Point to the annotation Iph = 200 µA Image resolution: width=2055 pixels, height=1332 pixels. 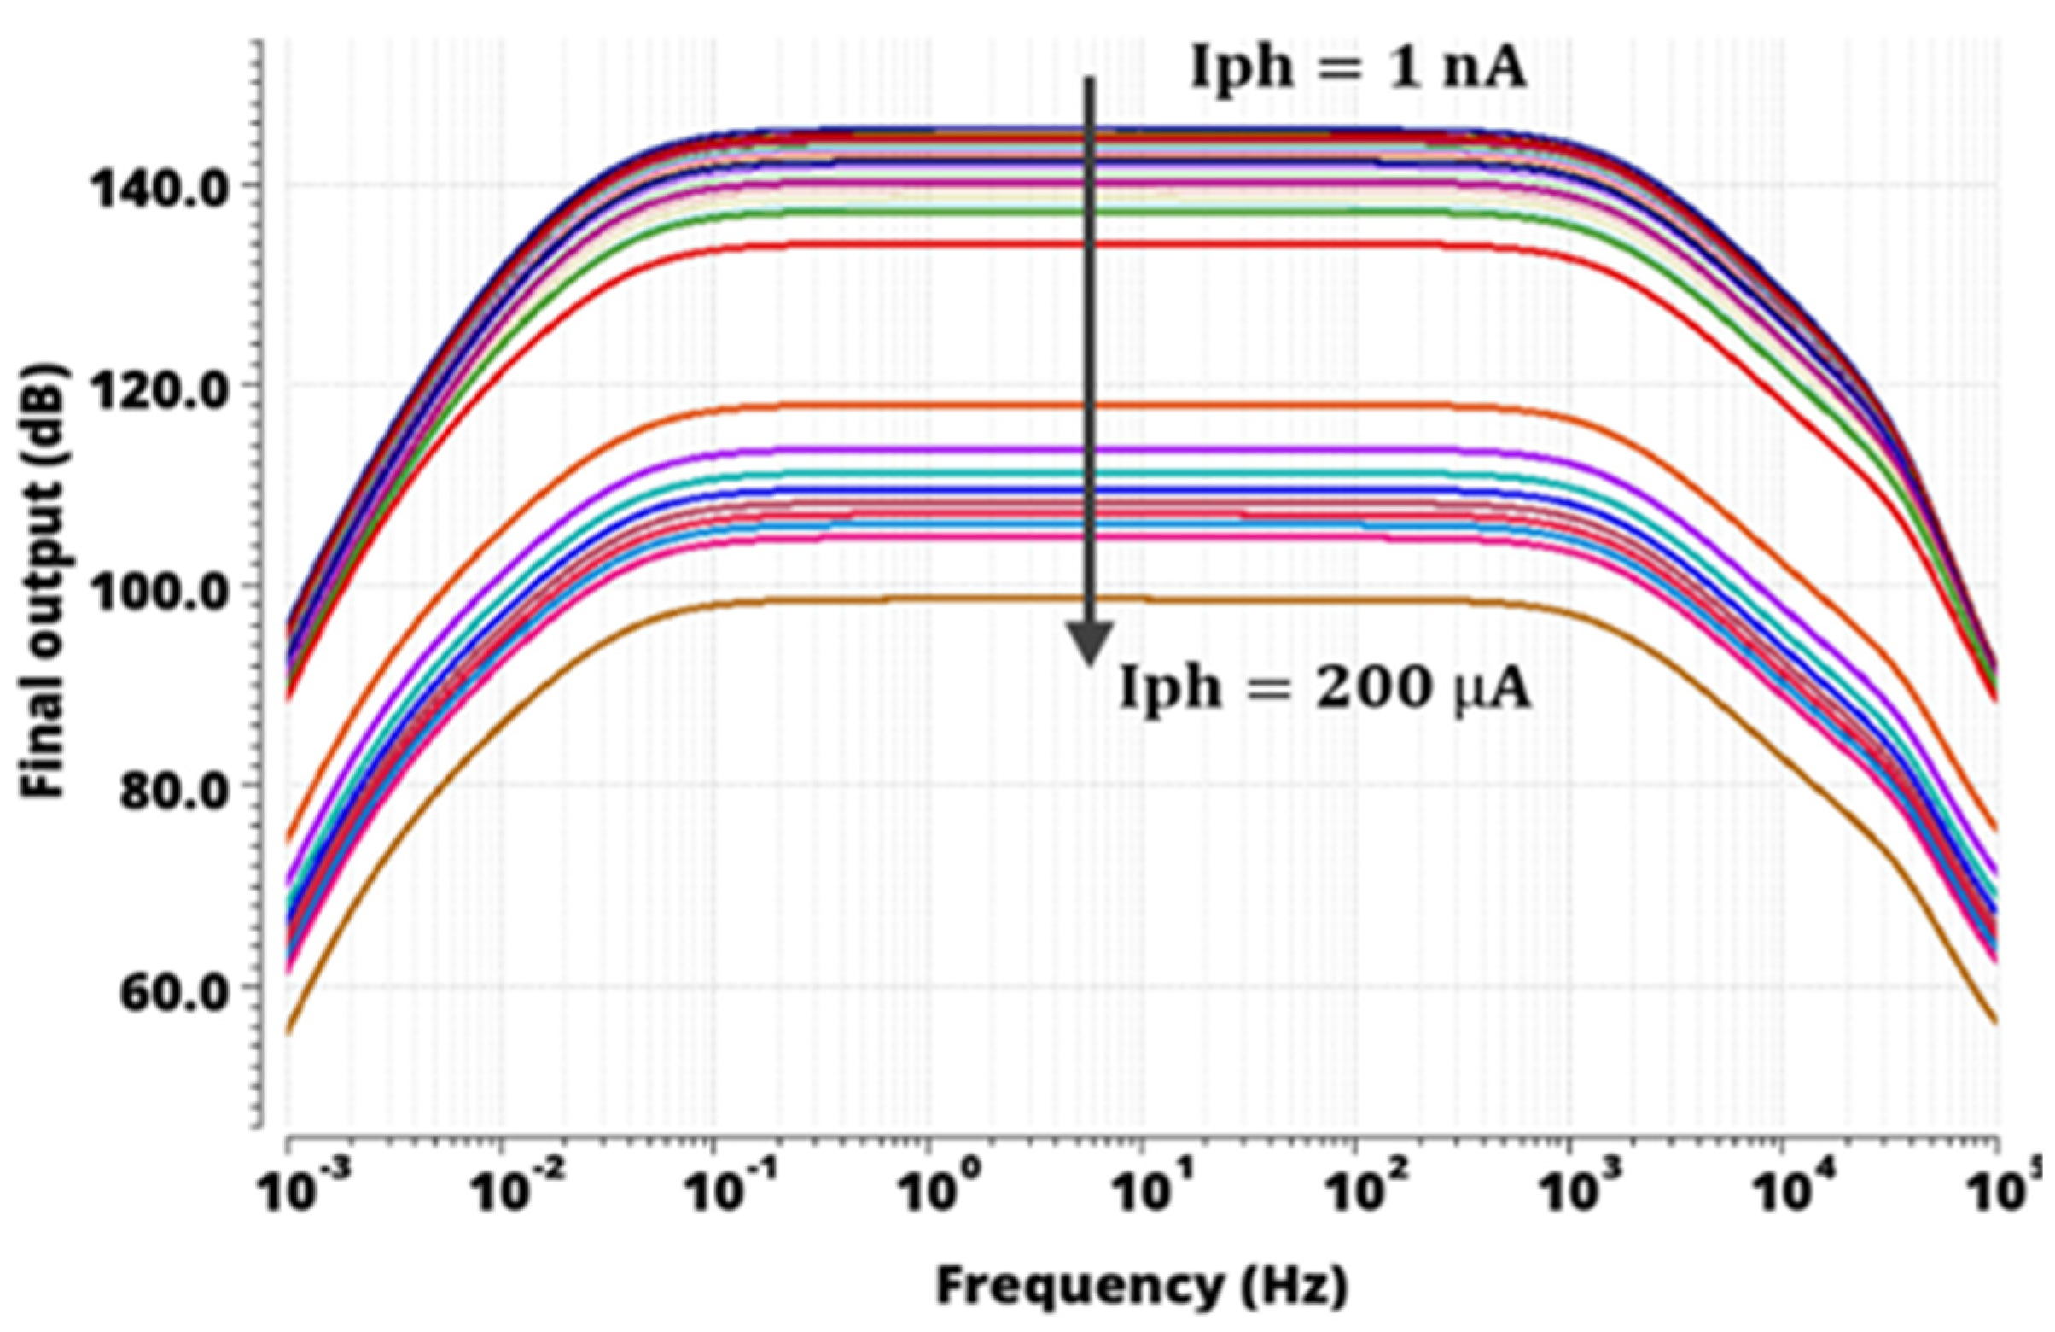click(x=1324, y=691)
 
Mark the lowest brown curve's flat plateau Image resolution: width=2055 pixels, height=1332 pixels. click(x=950, y=598)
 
